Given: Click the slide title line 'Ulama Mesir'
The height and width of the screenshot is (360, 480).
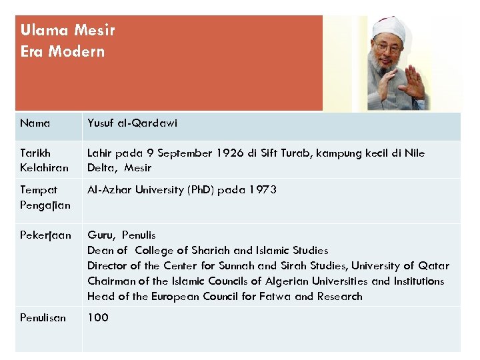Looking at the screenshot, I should click(67, 30).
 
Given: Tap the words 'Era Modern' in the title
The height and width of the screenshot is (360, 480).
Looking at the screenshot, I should click(62, 51).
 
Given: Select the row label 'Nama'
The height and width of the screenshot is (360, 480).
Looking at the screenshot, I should click(35, 123).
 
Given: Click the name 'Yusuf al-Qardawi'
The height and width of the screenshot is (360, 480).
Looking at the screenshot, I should click(132, 123).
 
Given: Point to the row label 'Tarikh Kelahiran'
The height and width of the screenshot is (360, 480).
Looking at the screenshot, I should click(44, 160).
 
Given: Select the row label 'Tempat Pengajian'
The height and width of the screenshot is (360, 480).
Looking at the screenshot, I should click(44, 197).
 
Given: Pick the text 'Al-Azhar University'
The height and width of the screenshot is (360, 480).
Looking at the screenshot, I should click(132, 190).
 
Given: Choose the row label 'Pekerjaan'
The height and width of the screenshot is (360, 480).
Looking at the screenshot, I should click(45, 235).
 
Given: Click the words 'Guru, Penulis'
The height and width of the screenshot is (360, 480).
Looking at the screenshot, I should click(121, 235).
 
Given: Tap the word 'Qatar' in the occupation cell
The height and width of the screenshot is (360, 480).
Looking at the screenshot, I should click(434, 266).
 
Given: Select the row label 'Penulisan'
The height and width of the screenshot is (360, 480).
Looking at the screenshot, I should click(43, 318).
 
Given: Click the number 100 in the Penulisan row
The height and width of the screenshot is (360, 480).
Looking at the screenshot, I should click(97, 318).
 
